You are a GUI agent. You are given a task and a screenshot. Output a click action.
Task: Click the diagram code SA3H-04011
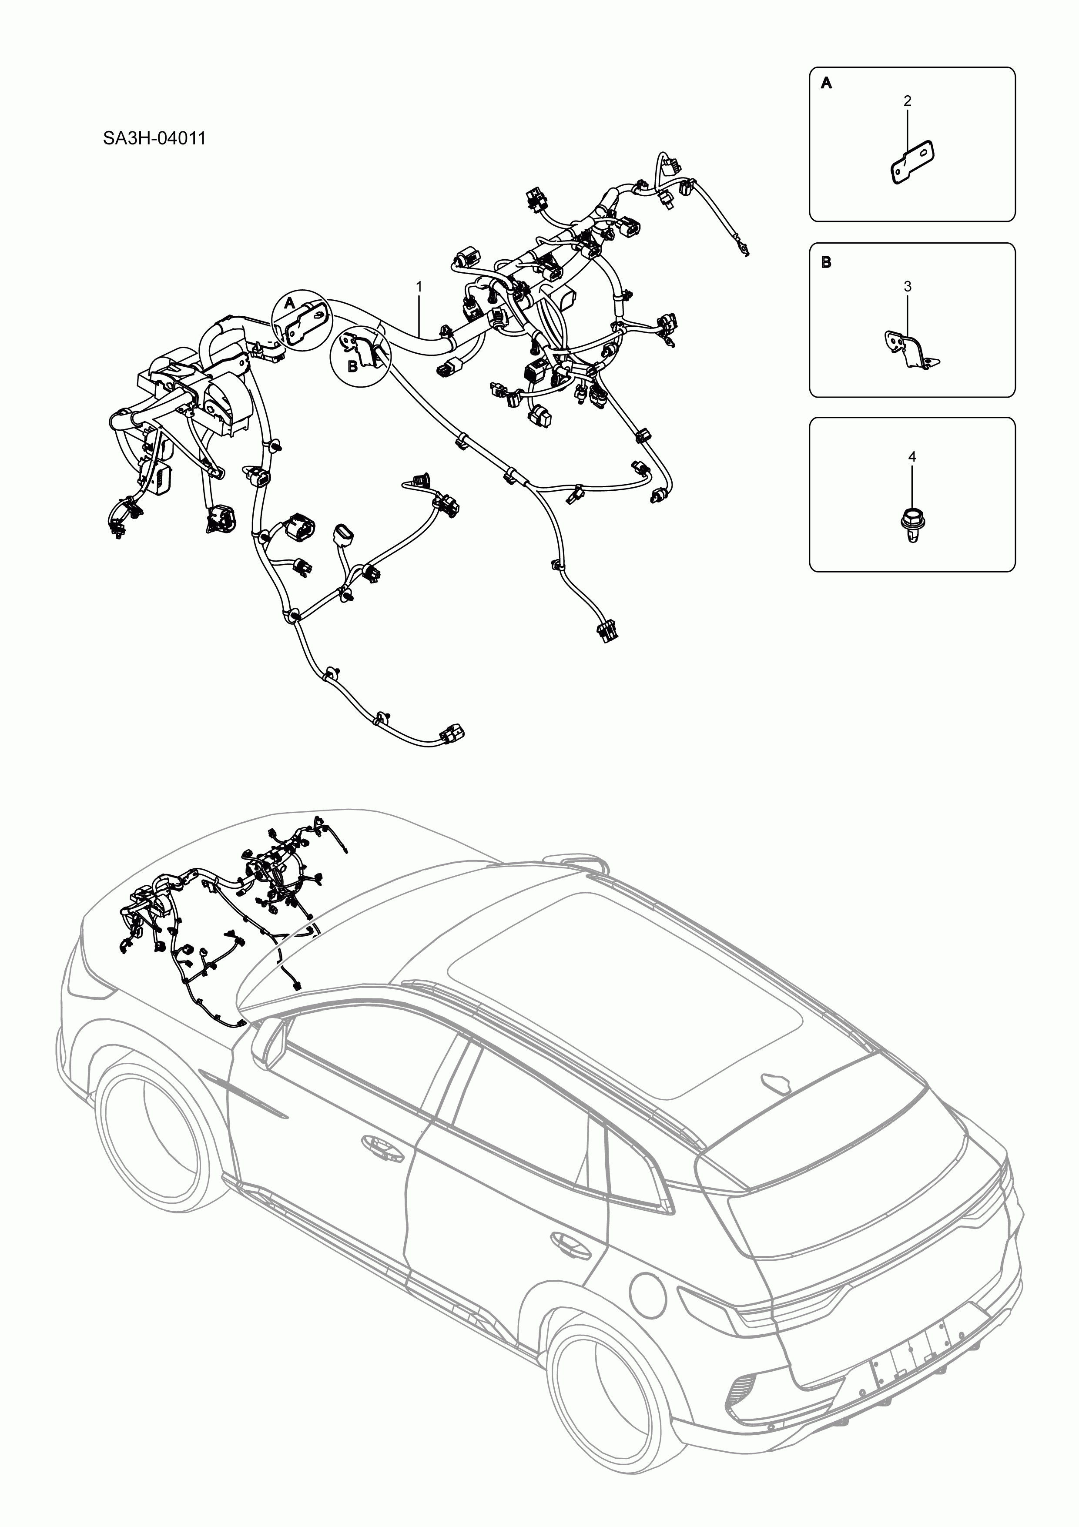coord(154,139)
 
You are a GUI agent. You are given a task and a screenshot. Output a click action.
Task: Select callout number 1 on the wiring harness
coord(419,286)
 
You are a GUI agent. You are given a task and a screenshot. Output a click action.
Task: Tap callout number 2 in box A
coord(908,101)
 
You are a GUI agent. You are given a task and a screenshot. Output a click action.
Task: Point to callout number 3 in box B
coord(908,287)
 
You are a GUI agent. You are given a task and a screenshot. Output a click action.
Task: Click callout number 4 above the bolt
coord(912,457)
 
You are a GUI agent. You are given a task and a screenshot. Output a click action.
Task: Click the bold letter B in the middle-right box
coord(826,262)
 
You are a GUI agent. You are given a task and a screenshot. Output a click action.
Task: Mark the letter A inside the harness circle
coord(289,303)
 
